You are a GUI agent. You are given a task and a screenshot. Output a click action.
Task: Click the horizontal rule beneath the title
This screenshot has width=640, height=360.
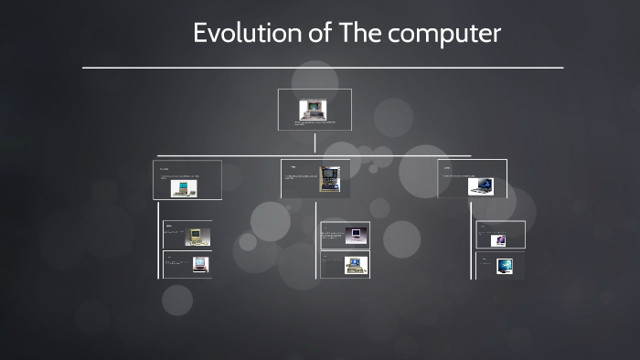322,68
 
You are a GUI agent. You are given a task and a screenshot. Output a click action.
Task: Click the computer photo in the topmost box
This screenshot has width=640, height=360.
314,109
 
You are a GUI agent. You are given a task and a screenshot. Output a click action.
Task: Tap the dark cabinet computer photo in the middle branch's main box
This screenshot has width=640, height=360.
329,178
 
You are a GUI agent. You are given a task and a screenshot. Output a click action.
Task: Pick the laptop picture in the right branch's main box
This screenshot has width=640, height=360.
481,185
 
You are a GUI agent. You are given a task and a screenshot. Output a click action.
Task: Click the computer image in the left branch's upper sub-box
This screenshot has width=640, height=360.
193,237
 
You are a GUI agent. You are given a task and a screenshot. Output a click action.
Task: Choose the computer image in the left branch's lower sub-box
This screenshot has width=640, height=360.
199,264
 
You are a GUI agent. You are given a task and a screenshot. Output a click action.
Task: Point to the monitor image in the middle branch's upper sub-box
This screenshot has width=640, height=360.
355,234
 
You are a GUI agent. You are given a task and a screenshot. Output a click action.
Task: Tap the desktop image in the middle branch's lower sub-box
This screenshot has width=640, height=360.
355,265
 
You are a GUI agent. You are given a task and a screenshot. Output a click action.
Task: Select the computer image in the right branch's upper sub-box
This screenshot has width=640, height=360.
498,240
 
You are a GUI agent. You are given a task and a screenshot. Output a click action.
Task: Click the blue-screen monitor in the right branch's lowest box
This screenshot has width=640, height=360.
504,266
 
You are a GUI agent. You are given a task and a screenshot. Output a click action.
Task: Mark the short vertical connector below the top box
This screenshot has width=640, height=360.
315,143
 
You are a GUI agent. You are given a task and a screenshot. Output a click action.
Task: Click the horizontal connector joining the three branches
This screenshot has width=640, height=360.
314,155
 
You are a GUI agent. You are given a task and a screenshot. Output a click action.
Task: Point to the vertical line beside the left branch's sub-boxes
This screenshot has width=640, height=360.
158,239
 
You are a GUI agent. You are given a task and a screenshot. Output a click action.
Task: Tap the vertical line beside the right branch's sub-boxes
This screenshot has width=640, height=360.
472,239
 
